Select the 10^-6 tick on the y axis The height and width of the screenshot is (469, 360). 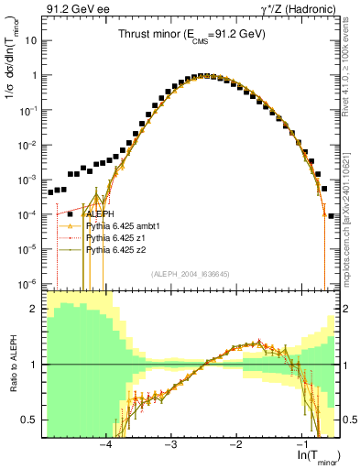click(x=27, y=283)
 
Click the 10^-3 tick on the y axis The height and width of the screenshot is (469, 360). click(x=27, y=180)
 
